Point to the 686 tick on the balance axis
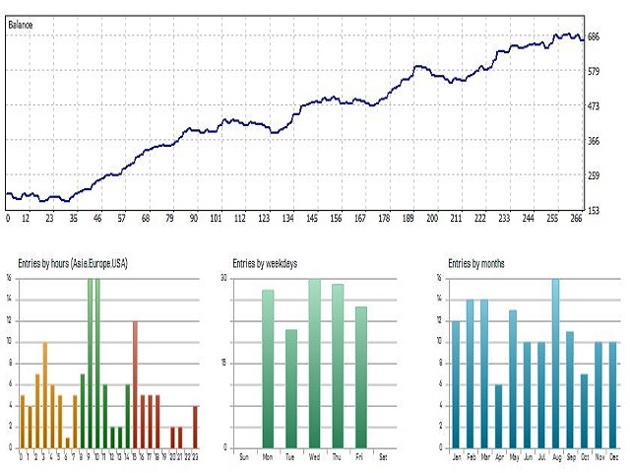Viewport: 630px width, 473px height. tap(594, 37)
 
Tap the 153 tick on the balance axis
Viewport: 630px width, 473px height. tap(594, 210)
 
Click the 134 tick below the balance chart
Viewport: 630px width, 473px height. tap(288, 219)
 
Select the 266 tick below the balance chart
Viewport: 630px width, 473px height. tap(576, 219)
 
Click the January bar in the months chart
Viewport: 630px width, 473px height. tap(455, 383)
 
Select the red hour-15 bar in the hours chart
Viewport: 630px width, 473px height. tap(135, 383)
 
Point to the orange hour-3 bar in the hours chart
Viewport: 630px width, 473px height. tap(44, 394)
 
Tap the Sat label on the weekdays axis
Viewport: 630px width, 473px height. tap(385, 457)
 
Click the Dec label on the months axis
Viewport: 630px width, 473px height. tap(612, 457)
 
